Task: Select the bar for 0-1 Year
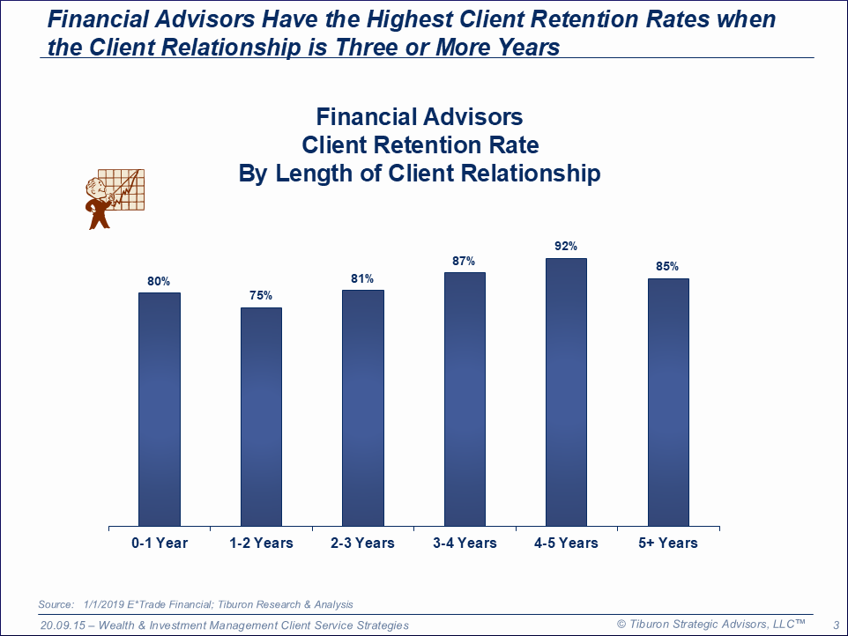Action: pos(160,410)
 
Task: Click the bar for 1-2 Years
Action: pos(261,417)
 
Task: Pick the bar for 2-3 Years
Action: pos(362,408)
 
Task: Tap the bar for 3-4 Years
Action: pos(465,399)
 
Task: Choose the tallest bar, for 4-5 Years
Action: pos(566,392)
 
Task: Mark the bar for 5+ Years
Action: pos(668,403)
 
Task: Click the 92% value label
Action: pos(566,247)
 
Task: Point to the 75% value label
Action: pos(261,296)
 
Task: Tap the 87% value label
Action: pos(465,261)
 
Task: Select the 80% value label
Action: pos(159,281)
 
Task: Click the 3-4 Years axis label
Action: pos(465,543)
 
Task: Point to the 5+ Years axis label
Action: pos(668,543)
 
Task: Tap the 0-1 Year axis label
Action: pos(160,543)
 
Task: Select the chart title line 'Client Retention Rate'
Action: pos(420,145)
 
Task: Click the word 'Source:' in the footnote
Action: pos(56,604)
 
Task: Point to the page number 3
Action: pos(836,625)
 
